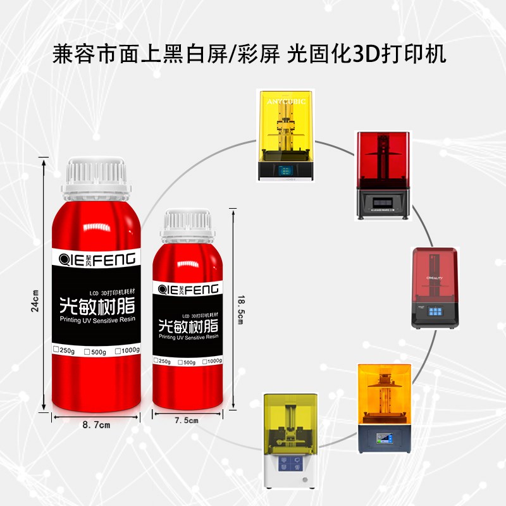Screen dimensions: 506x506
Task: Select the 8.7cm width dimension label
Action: [x=96, y=425]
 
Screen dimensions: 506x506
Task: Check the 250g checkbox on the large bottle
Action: [x=57, y=350]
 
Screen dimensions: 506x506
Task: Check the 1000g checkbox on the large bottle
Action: [x=119, y=350]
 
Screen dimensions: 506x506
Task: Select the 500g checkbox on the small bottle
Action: [x=180, y=362]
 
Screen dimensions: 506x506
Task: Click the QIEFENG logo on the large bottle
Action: [x=97, y=259]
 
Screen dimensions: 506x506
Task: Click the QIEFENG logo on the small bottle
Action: [x=188, y=290]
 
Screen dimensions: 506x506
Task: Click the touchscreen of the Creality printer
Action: [x=436, y=311]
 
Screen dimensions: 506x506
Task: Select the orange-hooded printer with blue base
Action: [x=384, y=408]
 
